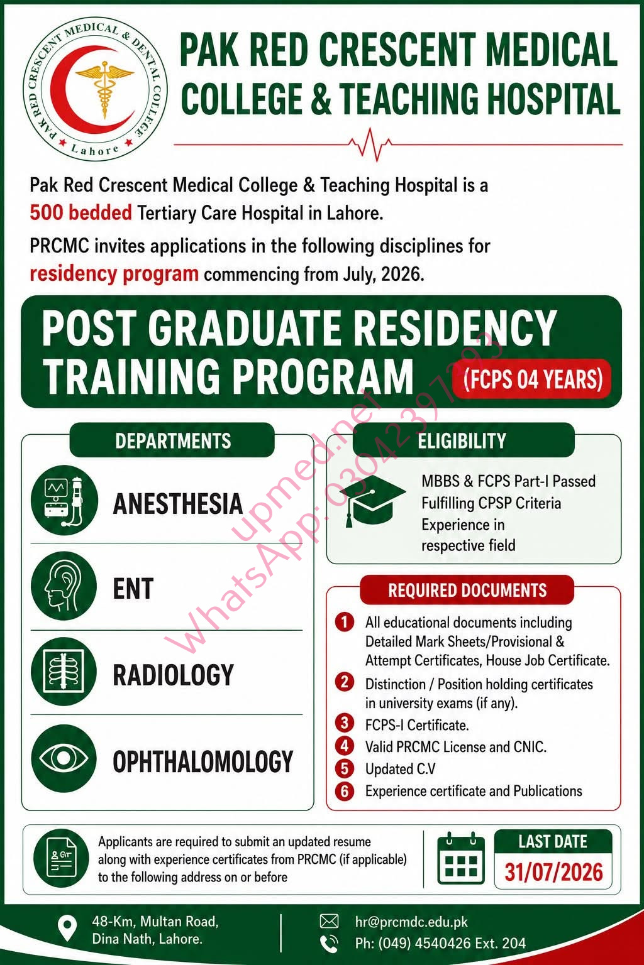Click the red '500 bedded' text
(x=80, y=213)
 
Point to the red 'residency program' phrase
(x=114, y=274)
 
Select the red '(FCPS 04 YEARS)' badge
(x=532, y=379)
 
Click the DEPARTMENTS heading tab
(x=172, y=440)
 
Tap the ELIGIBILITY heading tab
(x=463, y=440)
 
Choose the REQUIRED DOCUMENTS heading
(x=467, y=590)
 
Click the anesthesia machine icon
(x=64, y=500)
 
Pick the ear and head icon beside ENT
(x=64, y=586)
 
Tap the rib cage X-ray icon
(x=64, y=672)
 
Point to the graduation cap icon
(x=373, y=499)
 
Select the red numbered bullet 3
(x=344, y=723)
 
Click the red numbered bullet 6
(x=344, y=791)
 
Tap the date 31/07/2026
(x=553, y=873)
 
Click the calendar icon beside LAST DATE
(x=461, y=858)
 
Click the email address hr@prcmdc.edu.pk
(x=411, y=922)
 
